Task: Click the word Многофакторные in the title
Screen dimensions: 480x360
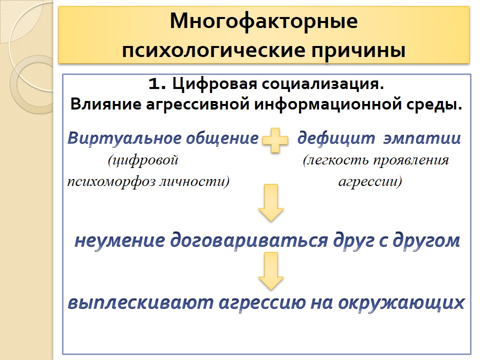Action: [263, 22]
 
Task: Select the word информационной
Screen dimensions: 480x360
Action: [327, 104]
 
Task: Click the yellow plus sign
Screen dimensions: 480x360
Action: [275, 140]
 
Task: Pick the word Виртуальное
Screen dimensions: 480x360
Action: [124, 138]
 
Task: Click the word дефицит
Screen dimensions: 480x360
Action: [336, 138]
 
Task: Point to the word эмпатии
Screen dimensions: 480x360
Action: [422, 138]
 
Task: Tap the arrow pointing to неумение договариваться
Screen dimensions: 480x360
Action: [271, 202]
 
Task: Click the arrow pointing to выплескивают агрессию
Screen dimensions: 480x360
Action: [271, 271]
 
